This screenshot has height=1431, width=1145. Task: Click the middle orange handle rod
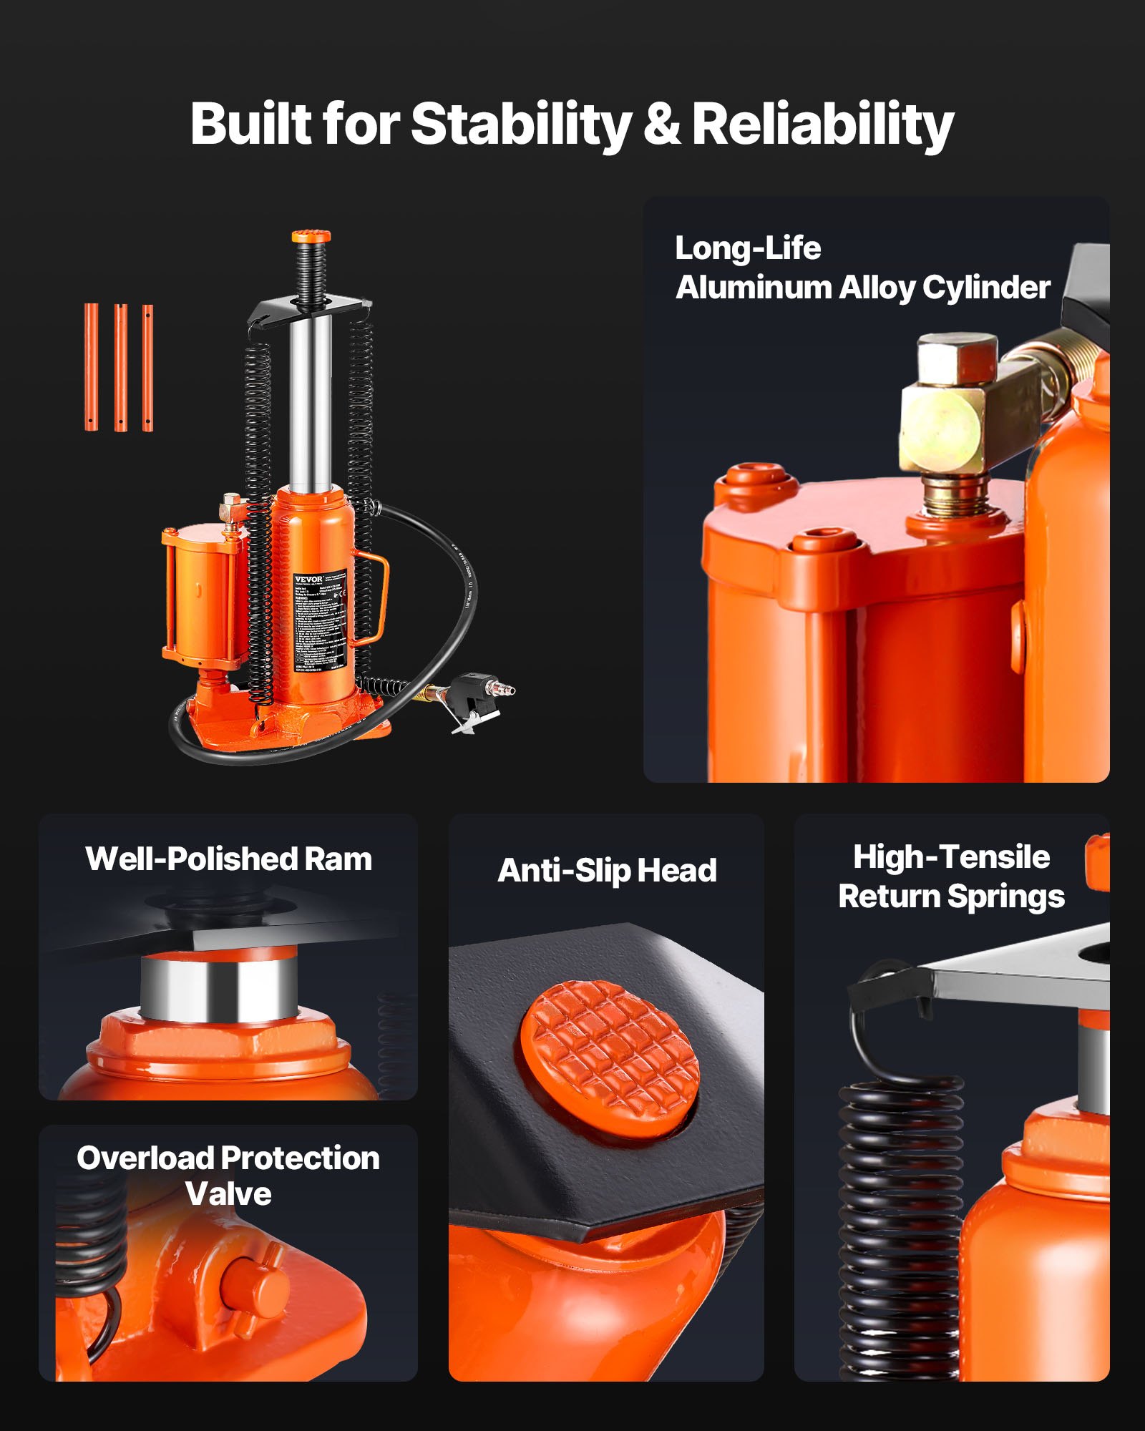pos(120,368)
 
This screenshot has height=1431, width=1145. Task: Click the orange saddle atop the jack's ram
pos(311,237)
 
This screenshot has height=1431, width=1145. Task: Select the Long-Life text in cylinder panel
pos(748,249)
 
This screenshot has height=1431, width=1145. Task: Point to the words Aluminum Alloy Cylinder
pos(862,288)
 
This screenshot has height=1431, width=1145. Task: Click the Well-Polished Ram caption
pos(228,859)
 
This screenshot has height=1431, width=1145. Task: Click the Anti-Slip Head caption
pos(607,871)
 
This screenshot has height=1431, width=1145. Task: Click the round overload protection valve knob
pos(254,1288)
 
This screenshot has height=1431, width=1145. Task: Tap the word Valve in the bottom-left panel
pos(228,1193)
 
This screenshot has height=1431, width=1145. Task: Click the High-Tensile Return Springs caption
pos(951,876)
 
